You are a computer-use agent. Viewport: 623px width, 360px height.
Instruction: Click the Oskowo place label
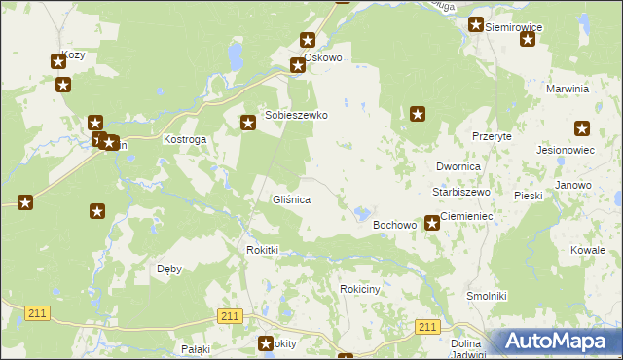(323, 57)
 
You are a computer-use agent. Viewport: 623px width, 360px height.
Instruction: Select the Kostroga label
(184, 140)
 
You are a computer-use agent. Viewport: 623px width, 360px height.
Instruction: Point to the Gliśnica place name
(290, 199)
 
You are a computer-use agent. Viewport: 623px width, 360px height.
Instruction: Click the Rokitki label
(261, 250)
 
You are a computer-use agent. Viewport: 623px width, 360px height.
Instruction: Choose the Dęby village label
(168, 269)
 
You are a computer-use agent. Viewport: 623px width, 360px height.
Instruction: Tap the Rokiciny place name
(359, 289)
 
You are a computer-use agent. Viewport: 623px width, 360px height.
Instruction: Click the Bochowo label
(395, 225)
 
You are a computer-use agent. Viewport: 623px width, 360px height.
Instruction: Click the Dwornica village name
(458, 167)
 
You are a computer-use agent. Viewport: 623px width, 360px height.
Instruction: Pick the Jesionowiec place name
(565, 151)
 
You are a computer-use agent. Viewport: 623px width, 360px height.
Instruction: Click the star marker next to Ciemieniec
(431, 224)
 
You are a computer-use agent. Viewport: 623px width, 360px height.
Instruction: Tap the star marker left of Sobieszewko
(248, 122)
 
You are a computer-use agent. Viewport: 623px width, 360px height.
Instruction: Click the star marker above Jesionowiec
(582, 128)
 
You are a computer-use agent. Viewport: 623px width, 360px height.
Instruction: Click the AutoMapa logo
(555, 342)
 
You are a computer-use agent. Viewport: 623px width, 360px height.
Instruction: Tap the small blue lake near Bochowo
(362, 212)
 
